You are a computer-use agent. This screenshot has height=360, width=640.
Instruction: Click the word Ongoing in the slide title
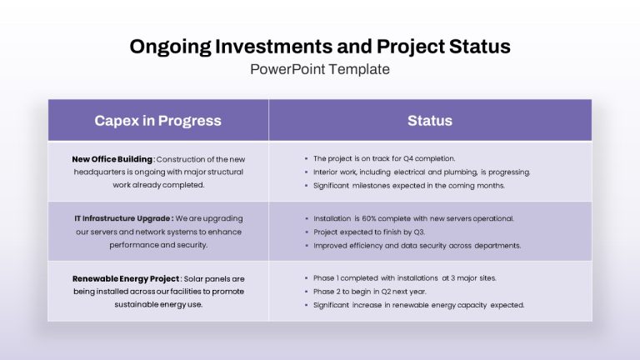(x=171, y=47)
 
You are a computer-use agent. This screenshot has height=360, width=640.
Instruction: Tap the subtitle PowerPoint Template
(x=320, y=69)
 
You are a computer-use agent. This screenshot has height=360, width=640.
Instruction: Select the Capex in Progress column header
(x=158, y=121)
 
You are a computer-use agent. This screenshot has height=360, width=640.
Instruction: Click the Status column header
(x=430, y=120)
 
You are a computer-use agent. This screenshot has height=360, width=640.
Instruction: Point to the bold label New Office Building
(x=112, y=159)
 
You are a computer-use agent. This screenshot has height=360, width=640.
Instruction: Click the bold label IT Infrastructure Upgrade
(x=123, y=218)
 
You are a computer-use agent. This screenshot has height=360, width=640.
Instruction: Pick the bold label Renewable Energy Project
(x=126, y=279)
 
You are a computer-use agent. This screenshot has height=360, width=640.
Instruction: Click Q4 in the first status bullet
(x=408, y=158)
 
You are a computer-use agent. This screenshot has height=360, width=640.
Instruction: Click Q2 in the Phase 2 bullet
(x=386, y=292)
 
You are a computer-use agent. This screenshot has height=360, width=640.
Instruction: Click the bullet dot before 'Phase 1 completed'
(x=307, y=278)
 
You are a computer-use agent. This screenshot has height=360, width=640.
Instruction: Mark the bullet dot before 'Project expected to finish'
(x=307, y=232)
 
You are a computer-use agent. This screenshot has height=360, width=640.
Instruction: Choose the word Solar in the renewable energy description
(x=193, y=279)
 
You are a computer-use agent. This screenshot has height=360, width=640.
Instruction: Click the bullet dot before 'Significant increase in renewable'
(x=307, y=305)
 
